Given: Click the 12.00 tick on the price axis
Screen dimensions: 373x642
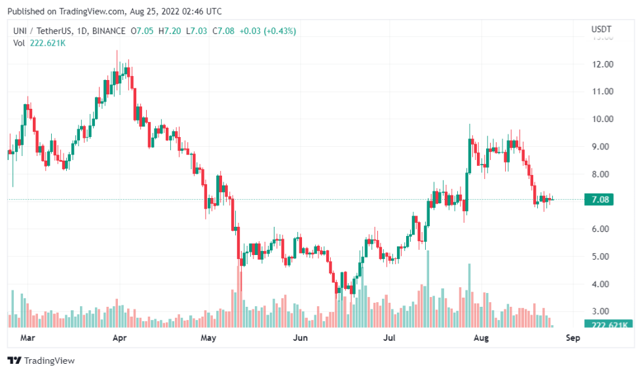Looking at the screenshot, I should click(602, 64).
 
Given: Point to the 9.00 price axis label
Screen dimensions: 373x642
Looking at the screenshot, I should click(602, 147).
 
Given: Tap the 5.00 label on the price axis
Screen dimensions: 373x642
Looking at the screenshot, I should click(602, 256).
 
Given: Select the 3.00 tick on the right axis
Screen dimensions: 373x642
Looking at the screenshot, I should click(602, 311).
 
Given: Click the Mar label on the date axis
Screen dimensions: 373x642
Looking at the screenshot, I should click(27, 338).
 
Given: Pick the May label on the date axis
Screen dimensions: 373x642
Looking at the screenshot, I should click(208, 338).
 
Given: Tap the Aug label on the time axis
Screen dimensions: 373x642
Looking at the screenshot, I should click(481, 338).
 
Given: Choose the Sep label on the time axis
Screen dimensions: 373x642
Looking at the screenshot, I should click(573, 338).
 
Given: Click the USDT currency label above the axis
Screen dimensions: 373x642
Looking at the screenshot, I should click(601, 29).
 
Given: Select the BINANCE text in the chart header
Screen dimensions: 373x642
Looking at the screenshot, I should click(109, 31).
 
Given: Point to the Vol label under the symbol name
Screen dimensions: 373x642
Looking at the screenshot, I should click(18, 43).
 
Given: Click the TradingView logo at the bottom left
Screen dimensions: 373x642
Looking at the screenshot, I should click(41, 361).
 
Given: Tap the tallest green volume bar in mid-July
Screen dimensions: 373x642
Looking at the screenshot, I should click(428, 288).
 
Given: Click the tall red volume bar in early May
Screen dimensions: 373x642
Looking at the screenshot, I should click(240, 295).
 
